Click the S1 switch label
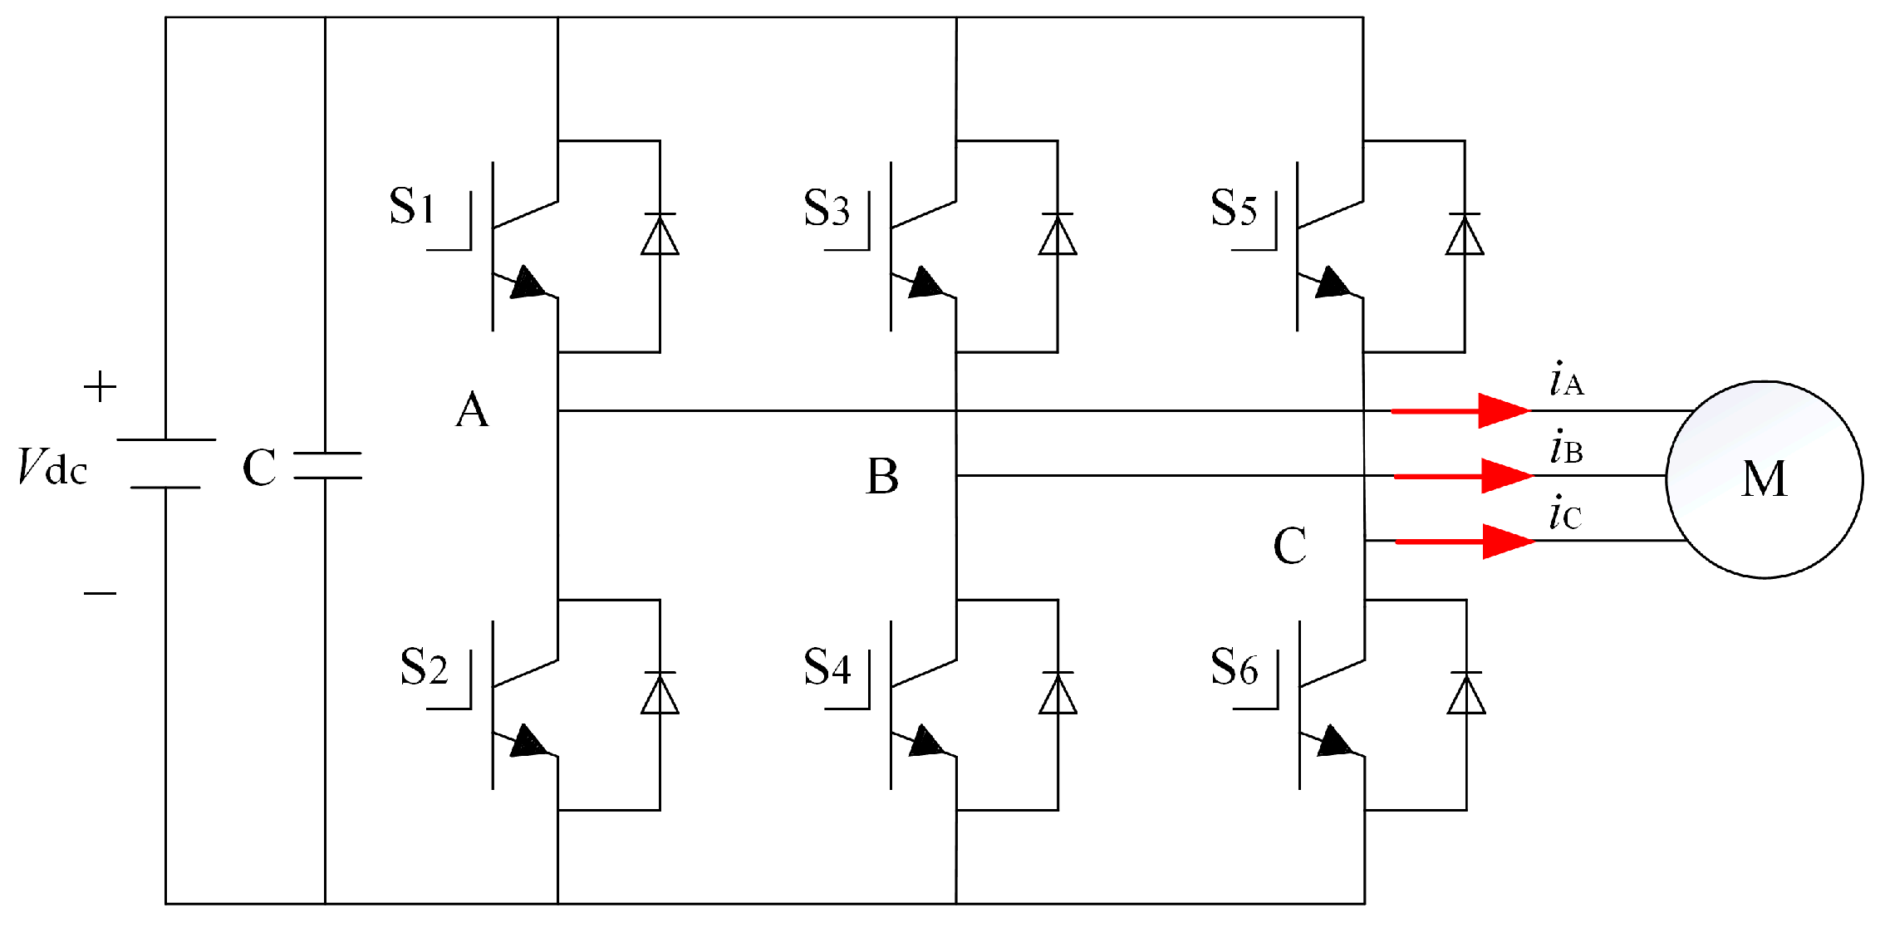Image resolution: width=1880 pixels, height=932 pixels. (412, 206)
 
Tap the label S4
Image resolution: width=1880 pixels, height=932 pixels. (827, 667)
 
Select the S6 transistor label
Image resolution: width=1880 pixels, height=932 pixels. (1234, 667)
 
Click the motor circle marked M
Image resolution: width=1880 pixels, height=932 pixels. (1764, 479)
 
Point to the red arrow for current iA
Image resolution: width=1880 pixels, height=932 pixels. (1462, 410)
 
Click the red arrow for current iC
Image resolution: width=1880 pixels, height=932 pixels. (1465, 542)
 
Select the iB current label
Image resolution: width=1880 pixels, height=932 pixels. (1566, 449)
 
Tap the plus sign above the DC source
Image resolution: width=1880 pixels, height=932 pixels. (100, 387)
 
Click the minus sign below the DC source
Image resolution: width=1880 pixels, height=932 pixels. (100, 593)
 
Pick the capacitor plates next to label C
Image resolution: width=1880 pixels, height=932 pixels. (327, 465)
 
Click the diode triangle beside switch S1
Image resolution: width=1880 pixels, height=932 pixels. (660, 235)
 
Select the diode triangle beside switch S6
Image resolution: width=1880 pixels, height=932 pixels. (1466, 694)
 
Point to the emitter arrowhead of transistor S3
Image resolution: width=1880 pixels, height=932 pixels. (925, 283)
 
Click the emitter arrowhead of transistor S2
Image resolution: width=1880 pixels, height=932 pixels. (528, 742)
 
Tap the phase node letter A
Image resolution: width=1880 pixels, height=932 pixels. (472, 410)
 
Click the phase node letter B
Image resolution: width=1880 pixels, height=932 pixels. (882, 477)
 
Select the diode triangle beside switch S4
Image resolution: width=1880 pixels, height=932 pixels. (1058, 694)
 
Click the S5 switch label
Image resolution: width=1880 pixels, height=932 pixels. (1234, 208)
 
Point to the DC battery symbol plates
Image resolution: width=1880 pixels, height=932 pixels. (166, 464)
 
